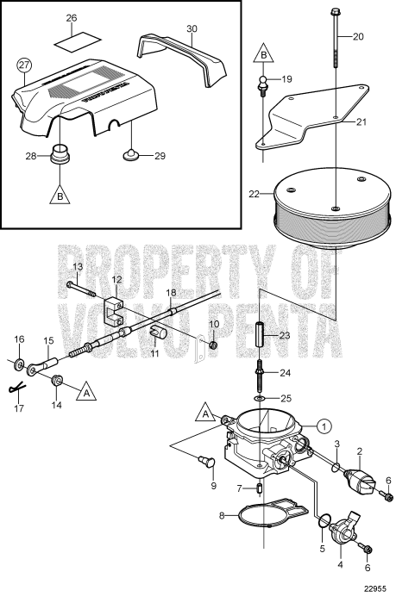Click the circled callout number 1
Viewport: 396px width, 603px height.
tap(322, 425)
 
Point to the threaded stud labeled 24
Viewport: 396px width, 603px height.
tap(261, 377)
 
